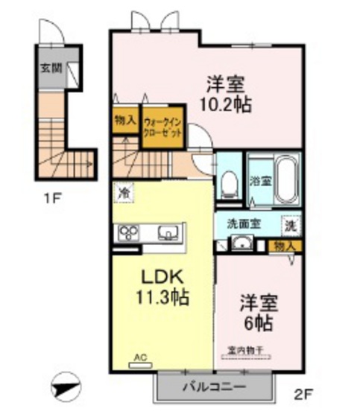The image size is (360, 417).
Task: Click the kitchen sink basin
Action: pos(168,234)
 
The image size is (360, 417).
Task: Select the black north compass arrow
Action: pos(66,387)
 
